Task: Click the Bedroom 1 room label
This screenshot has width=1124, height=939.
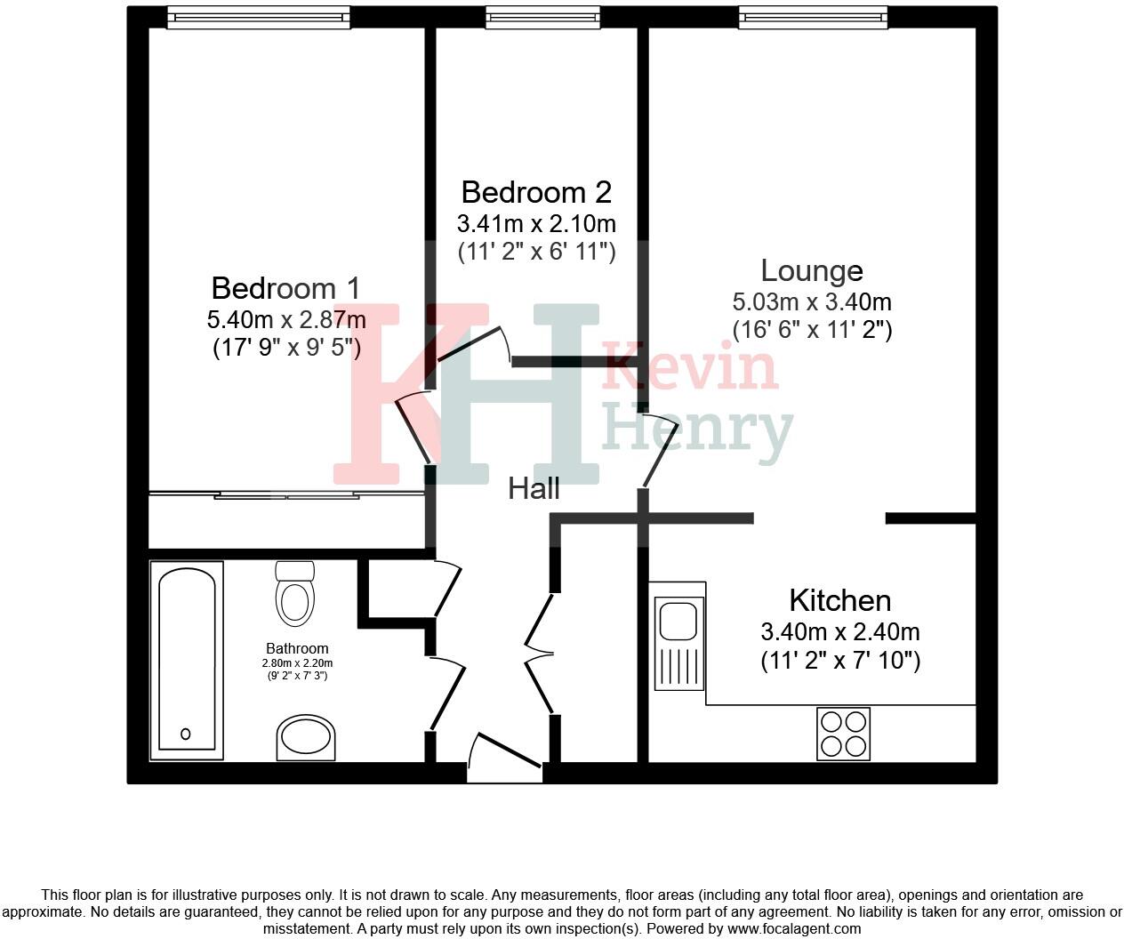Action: (285, 288)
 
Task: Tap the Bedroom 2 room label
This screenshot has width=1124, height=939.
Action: (536, 192)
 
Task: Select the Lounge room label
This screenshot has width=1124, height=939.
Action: (811, 270)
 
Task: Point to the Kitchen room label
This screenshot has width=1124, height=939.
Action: (839, 600)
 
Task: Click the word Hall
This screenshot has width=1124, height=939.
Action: (534, 488)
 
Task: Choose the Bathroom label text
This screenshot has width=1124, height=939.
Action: (297, 649)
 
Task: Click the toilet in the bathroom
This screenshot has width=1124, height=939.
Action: (295, 594)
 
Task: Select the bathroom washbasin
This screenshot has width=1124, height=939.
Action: (306, 738)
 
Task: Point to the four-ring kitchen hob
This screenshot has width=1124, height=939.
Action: (843, 734)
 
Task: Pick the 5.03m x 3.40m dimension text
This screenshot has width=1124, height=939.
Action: (811, 301)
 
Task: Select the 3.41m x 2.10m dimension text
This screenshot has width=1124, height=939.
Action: (536, 222)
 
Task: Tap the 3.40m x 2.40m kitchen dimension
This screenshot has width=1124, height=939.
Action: (839, 632)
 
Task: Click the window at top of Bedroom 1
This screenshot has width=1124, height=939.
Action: (259, 17)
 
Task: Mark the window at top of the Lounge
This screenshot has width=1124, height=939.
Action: (813, 17)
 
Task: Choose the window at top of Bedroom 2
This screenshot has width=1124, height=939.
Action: (535, 17)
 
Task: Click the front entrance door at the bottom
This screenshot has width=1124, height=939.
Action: (504, 761)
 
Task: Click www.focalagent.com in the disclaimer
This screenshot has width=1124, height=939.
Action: (793, 929)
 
